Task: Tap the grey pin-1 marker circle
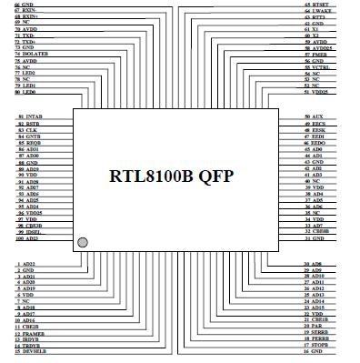[x=84, y=242]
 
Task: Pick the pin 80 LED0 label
[x=25, y=92]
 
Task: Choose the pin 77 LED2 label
[x=25, y=73]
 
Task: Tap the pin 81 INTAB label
[x=28, y=117]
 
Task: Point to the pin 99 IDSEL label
[x=28, y=231]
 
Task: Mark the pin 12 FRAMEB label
[x=29, y=334]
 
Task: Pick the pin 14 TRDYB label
[x=28, y=346]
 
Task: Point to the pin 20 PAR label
[x=315, y=327]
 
